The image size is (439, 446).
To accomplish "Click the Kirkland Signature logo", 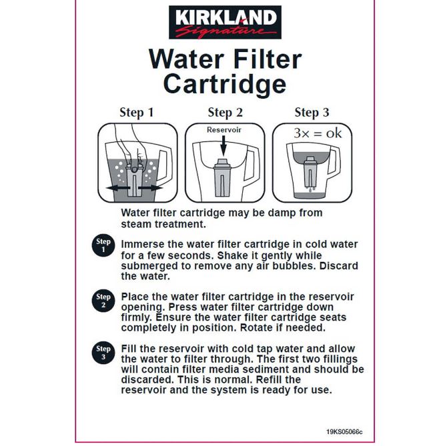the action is click(225, 22).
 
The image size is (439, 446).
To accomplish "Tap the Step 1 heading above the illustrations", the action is click(137, 113).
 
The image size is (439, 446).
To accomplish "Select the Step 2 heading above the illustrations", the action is click(226, 113).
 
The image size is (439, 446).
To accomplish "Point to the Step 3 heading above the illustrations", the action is click(312, 113).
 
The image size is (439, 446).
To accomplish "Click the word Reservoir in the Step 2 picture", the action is click(224, 130).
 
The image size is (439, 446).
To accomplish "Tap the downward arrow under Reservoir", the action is click(224, 146).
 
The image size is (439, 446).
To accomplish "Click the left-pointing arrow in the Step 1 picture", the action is click(118, 188).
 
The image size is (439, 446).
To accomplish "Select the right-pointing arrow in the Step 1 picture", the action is click(150, 188).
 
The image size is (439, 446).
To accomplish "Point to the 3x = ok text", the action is click(318, 133).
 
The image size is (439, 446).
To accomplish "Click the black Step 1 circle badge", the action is click(103, 245).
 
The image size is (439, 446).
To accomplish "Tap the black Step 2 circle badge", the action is click(103, 301).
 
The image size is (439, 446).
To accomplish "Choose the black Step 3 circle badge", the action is click(103, 353).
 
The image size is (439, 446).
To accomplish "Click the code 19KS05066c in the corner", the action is click(344, 432).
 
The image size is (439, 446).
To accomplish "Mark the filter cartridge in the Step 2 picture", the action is click(224, 178).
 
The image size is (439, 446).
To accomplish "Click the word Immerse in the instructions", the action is click(138, 244).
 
